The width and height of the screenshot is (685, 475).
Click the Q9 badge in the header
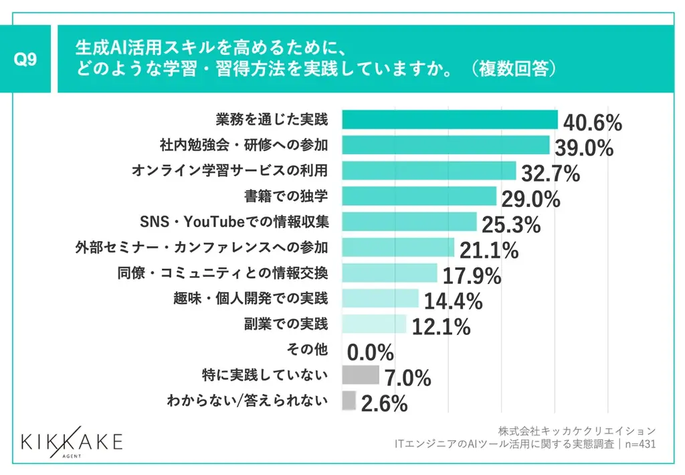coord(25,59)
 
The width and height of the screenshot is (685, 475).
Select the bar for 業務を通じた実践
coord(450,120)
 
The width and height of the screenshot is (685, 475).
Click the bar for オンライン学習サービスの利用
coord(429,171)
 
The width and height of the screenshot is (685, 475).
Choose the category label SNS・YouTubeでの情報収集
coord(234,221)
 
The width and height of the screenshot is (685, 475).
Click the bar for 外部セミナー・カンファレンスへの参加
coord(398,247)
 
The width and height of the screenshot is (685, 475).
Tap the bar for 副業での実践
coord(374,324)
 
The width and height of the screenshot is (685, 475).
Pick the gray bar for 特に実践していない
coord(360,375)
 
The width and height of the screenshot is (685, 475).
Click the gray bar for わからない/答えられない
coord(349,401)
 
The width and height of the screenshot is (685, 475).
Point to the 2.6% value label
coord(384,403)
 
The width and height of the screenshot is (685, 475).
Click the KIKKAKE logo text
coord(72,442)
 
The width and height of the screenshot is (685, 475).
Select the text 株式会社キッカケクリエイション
coord(577,430)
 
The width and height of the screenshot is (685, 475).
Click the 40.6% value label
coord(592,123)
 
